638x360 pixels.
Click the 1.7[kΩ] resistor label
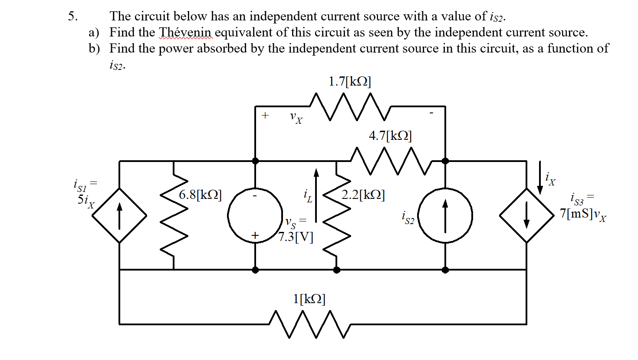(x=350, y=82)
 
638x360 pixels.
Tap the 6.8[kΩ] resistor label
(x=200, y=195)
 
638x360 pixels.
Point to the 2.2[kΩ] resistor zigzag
(x=337, y=215)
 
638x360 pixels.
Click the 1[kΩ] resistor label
(x=309, y=299)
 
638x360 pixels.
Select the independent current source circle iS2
(x=445, y=215)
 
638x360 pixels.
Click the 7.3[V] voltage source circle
(x=255, y=215)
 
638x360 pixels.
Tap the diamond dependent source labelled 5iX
(x=119, y=215)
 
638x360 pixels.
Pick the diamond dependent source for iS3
(x=526, y=215)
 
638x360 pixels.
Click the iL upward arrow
(x=316, y=195)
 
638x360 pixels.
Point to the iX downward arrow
(x=540, y=178)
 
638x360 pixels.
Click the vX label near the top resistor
(x=296, y=118)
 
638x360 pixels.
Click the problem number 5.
(x=72, y=16)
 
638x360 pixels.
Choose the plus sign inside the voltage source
(x=255, y=235)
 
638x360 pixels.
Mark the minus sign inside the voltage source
(x=255, y=196)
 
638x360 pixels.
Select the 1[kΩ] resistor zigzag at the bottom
(x=310, y=324)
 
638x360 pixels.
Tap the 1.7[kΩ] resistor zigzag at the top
(x=350, y=106)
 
